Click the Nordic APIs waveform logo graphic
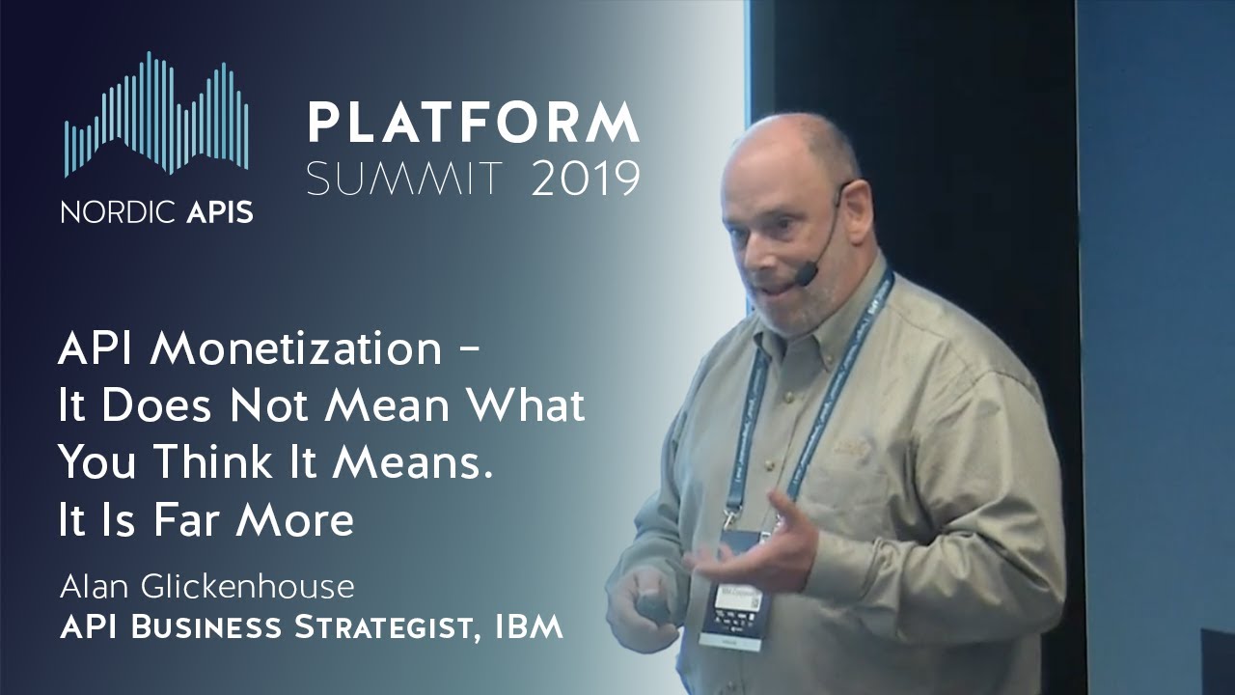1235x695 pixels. point(156,116)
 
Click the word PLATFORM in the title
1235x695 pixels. point(473,124)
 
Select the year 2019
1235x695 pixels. point(586,179)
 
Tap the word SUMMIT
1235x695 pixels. point(405,179)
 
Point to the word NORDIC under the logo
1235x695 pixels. point(106,212)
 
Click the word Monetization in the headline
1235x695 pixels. point(294,349)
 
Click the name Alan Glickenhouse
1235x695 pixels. point(206,586)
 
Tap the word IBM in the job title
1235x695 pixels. point(529,627)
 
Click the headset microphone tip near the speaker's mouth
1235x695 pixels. point(804,277)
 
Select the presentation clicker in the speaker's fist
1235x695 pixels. point(652,606)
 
